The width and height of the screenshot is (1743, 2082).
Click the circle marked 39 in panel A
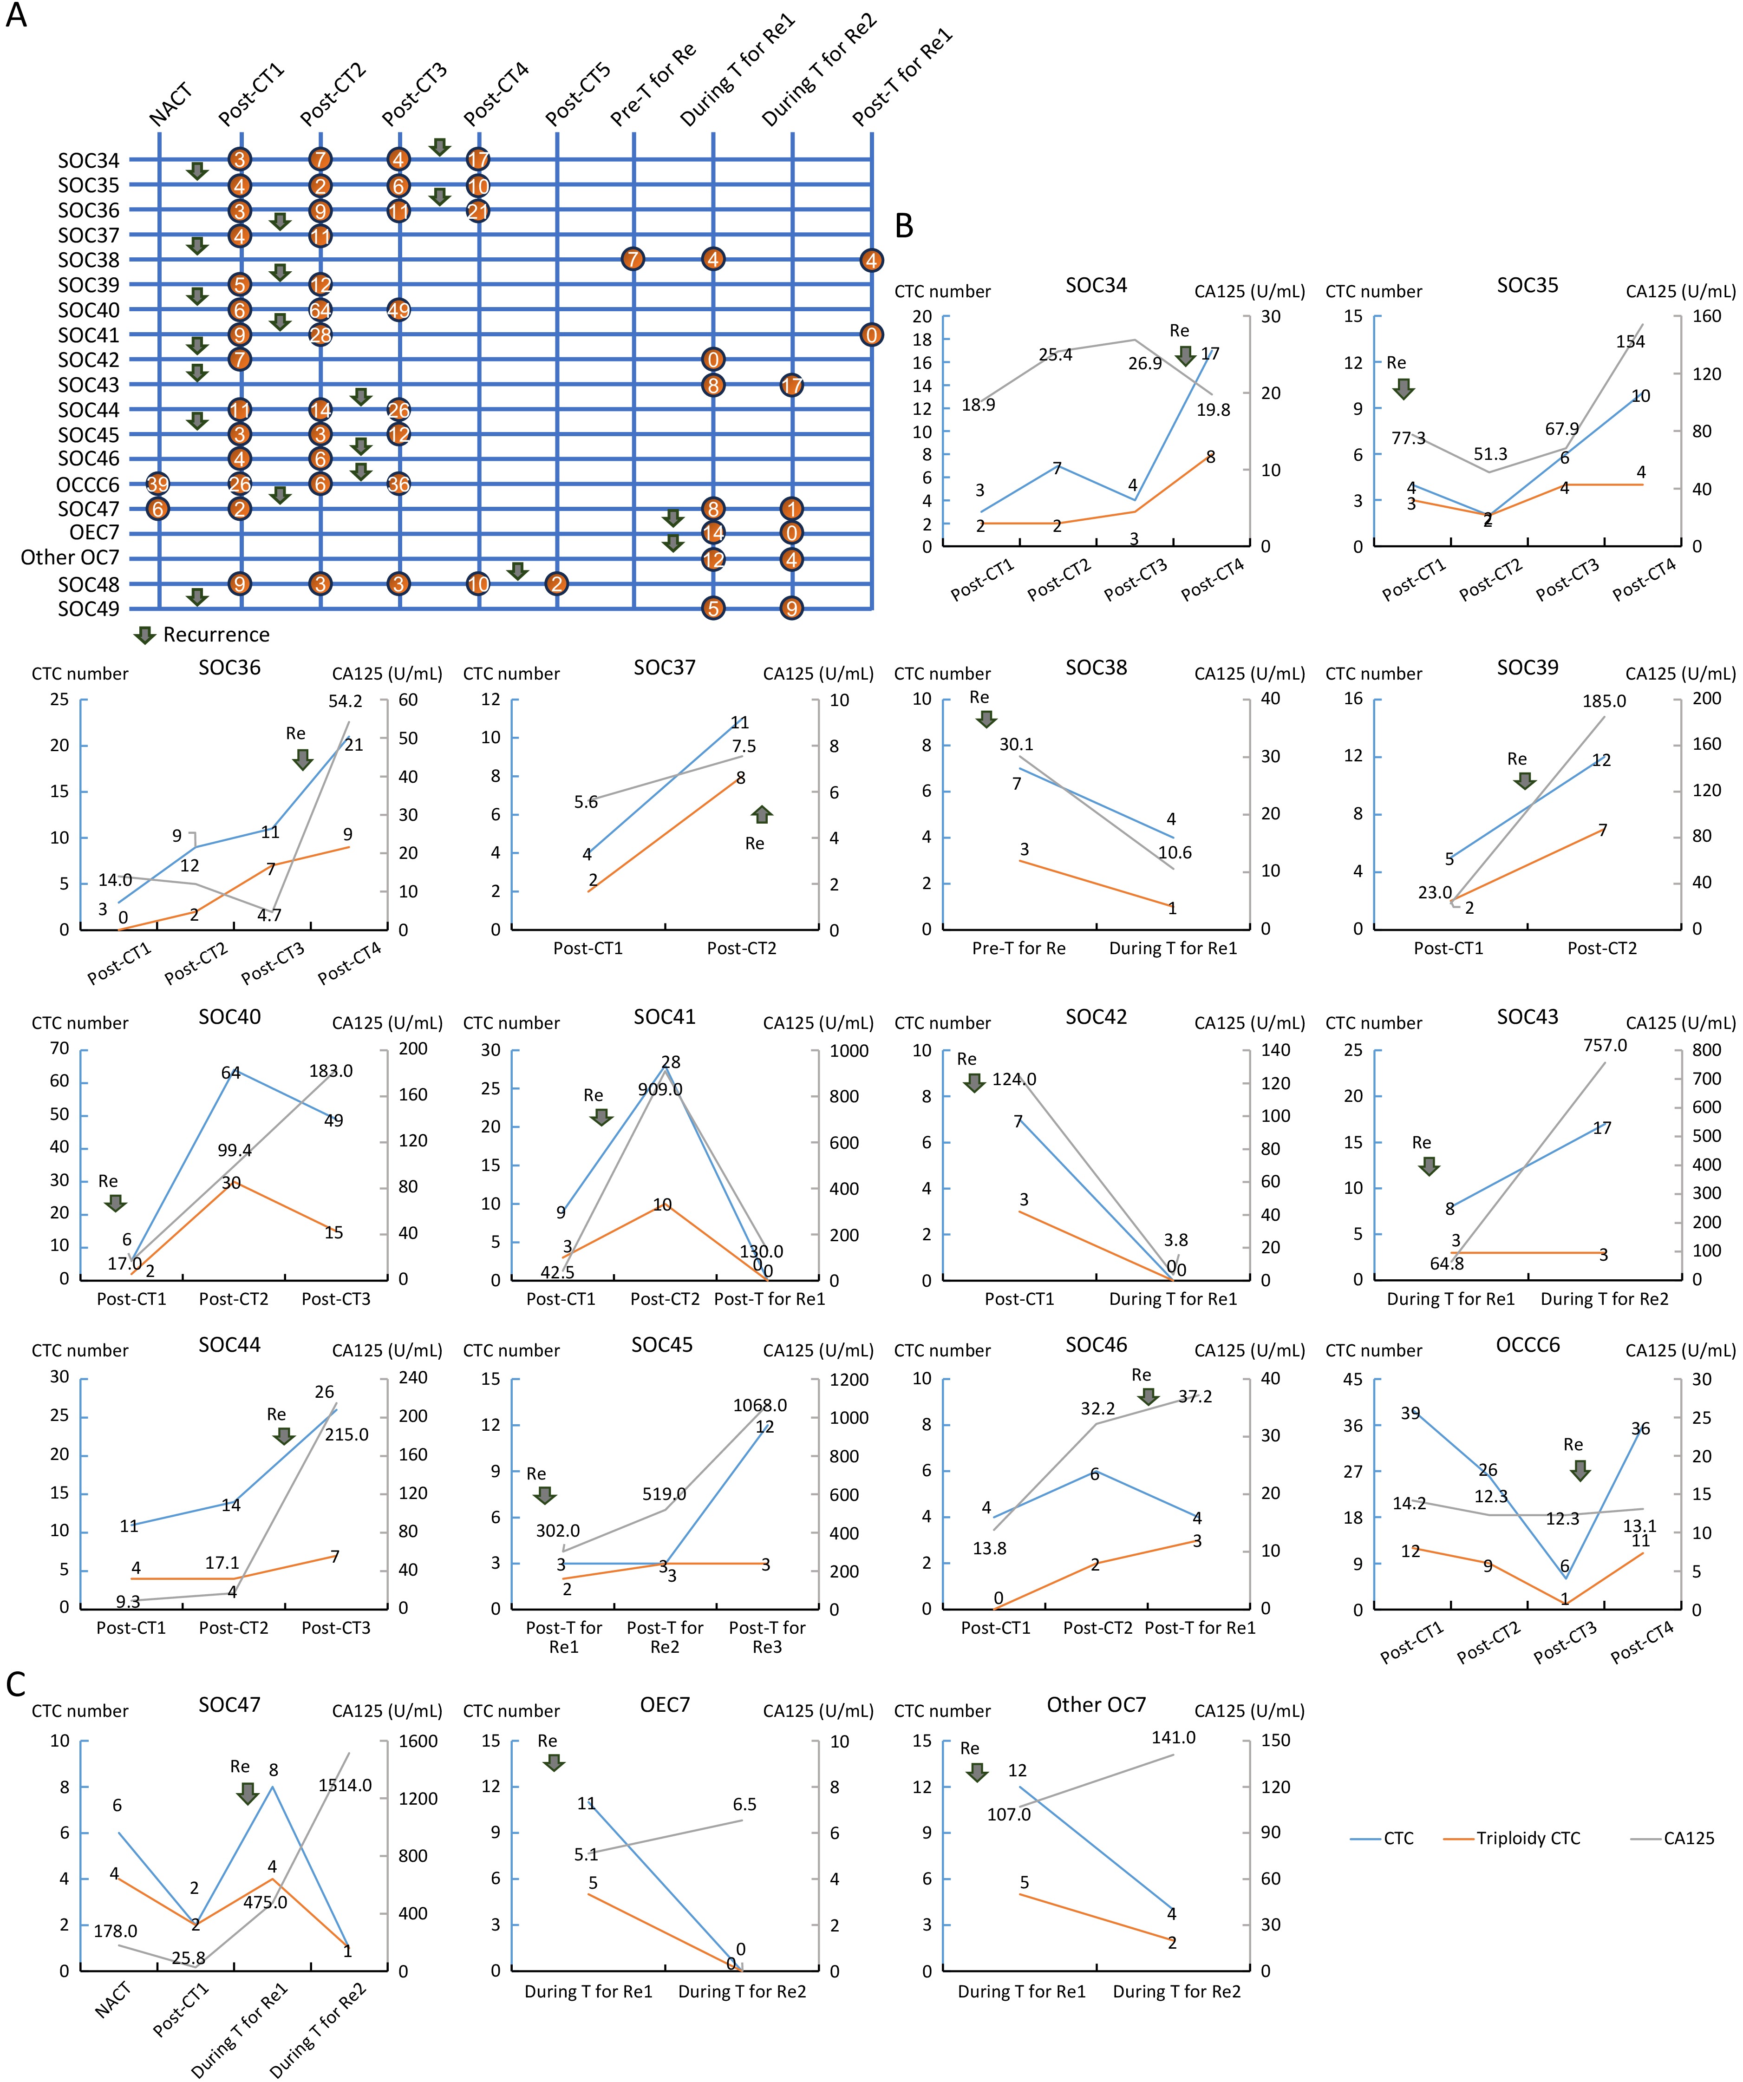point(157,484)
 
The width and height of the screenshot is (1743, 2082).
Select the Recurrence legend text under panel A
point(216,635)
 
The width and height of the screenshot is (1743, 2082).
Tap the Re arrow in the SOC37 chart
point(762,815)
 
